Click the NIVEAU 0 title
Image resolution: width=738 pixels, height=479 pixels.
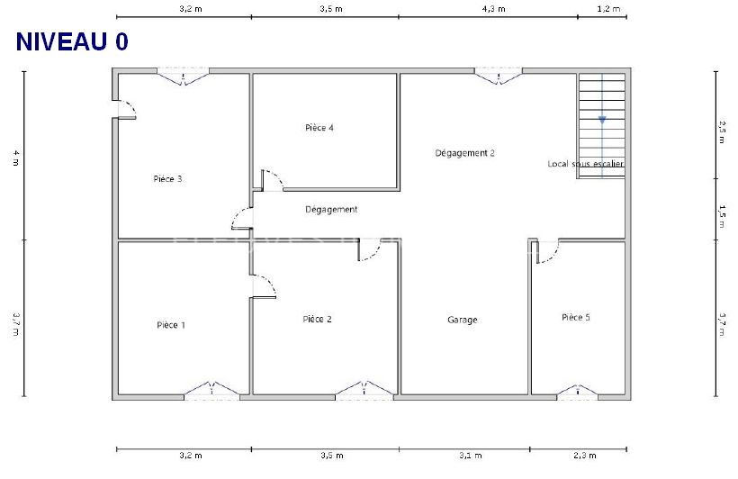pos(72,42)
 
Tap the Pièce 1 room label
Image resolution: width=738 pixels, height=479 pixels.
pos(171,325)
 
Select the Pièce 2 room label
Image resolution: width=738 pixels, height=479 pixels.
pos(317,319)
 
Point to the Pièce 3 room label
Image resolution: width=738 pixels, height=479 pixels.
pos(167,178)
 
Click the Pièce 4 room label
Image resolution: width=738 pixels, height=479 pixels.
pos(319,128)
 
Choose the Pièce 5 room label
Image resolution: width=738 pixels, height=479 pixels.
pos(576,317)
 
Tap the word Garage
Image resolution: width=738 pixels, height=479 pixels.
pos(463,320)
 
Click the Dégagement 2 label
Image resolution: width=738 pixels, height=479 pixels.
pos(464,153)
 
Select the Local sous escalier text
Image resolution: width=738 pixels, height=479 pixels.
pos(585,164)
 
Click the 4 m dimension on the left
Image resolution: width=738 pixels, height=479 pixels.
pos(15,156)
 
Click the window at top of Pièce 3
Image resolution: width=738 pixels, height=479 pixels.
pos(184,75)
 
